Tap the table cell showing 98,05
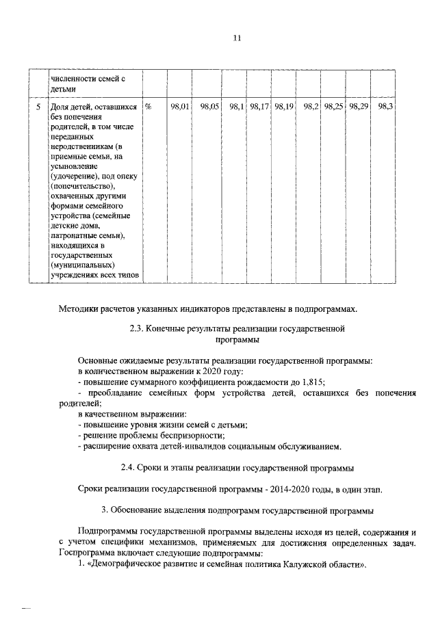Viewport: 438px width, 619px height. point(209,107)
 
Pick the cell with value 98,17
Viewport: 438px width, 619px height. point(259,107)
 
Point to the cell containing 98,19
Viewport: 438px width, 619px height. point(283,107)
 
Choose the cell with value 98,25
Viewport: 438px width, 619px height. point(334,107)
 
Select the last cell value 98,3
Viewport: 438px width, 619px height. point(385,107)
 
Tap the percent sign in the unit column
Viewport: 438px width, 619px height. point(149,107)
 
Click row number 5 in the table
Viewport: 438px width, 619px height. point(38,107)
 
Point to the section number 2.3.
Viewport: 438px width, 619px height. point(137,328)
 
